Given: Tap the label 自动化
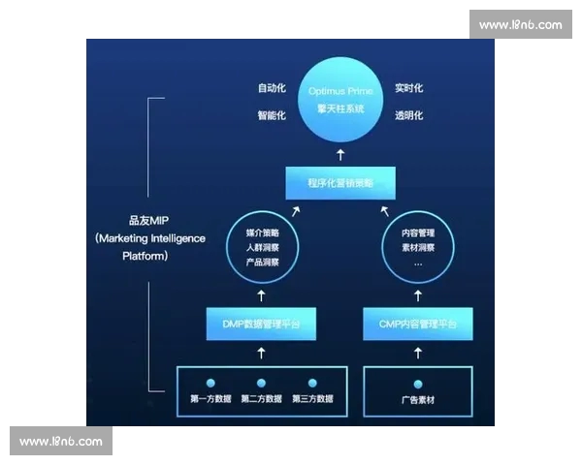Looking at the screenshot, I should (272, 88).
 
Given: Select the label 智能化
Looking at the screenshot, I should (272, 116).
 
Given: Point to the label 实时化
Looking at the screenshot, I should (408, 88).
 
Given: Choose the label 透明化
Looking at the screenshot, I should (408, 116).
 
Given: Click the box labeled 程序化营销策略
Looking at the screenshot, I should (339, 182).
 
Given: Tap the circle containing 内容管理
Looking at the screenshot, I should (418, 248).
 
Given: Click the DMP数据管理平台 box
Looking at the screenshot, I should (262, 323).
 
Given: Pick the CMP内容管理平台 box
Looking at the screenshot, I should (418, 323).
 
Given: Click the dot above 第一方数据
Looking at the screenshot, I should (210, 384).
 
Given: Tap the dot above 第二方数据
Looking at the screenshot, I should (262, 384).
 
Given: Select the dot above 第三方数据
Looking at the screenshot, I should (312, 384).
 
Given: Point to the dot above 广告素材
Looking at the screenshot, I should (418, 384).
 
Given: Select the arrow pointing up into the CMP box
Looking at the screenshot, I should (418, 353).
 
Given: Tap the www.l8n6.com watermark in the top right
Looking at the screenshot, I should (520, 24).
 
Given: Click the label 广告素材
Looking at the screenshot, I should (418, 399).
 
